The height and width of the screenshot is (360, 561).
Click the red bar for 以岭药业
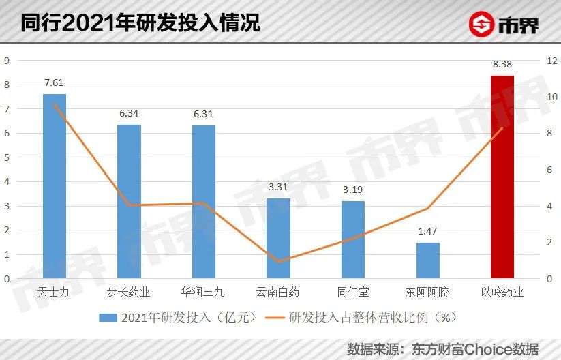point(502,177)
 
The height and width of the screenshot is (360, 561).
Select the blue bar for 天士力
point(55,186)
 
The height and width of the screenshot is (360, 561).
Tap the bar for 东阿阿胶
point(428,260)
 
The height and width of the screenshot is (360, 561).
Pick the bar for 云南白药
point(278,239)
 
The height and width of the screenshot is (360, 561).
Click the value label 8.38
point(502,65)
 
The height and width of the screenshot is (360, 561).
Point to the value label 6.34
point(130,114)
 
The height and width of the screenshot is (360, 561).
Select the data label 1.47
point(428,232)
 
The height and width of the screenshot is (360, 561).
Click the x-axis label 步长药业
point(129,293)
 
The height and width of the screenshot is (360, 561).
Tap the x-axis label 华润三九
point(203,293)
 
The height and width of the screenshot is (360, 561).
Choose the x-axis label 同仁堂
point(353,293)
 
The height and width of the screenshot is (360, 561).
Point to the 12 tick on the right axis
point(552,61)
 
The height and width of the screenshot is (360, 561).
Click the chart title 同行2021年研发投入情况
point(140,23)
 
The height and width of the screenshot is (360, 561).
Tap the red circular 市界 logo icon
point(482,25)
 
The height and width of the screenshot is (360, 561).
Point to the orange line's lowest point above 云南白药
point(278,261)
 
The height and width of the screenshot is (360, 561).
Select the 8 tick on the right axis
point(552,134)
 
